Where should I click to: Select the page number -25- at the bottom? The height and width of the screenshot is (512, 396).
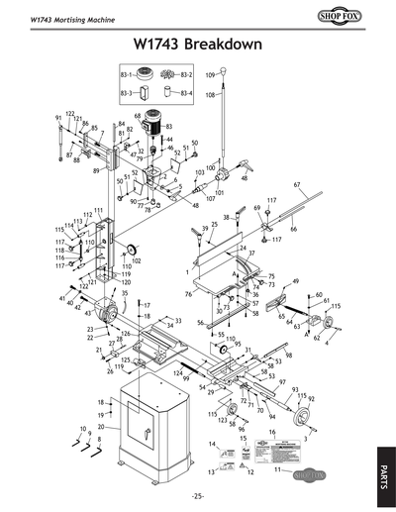point(197,495)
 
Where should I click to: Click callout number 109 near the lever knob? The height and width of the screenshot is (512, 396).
point(210,75)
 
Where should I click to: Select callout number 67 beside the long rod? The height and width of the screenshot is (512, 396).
point(297,185)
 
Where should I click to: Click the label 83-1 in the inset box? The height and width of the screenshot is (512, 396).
point(126,75)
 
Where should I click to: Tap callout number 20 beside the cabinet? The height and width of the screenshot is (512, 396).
point(100,427)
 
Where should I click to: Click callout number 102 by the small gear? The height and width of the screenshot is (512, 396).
point(136,260)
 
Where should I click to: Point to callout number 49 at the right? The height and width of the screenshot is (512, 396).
point(294,281)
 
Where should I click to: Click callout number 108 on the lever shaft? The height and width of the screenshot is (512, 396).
point(209,95)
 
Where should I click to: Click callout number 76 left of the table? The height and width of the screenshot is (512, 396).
point(188,294)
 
